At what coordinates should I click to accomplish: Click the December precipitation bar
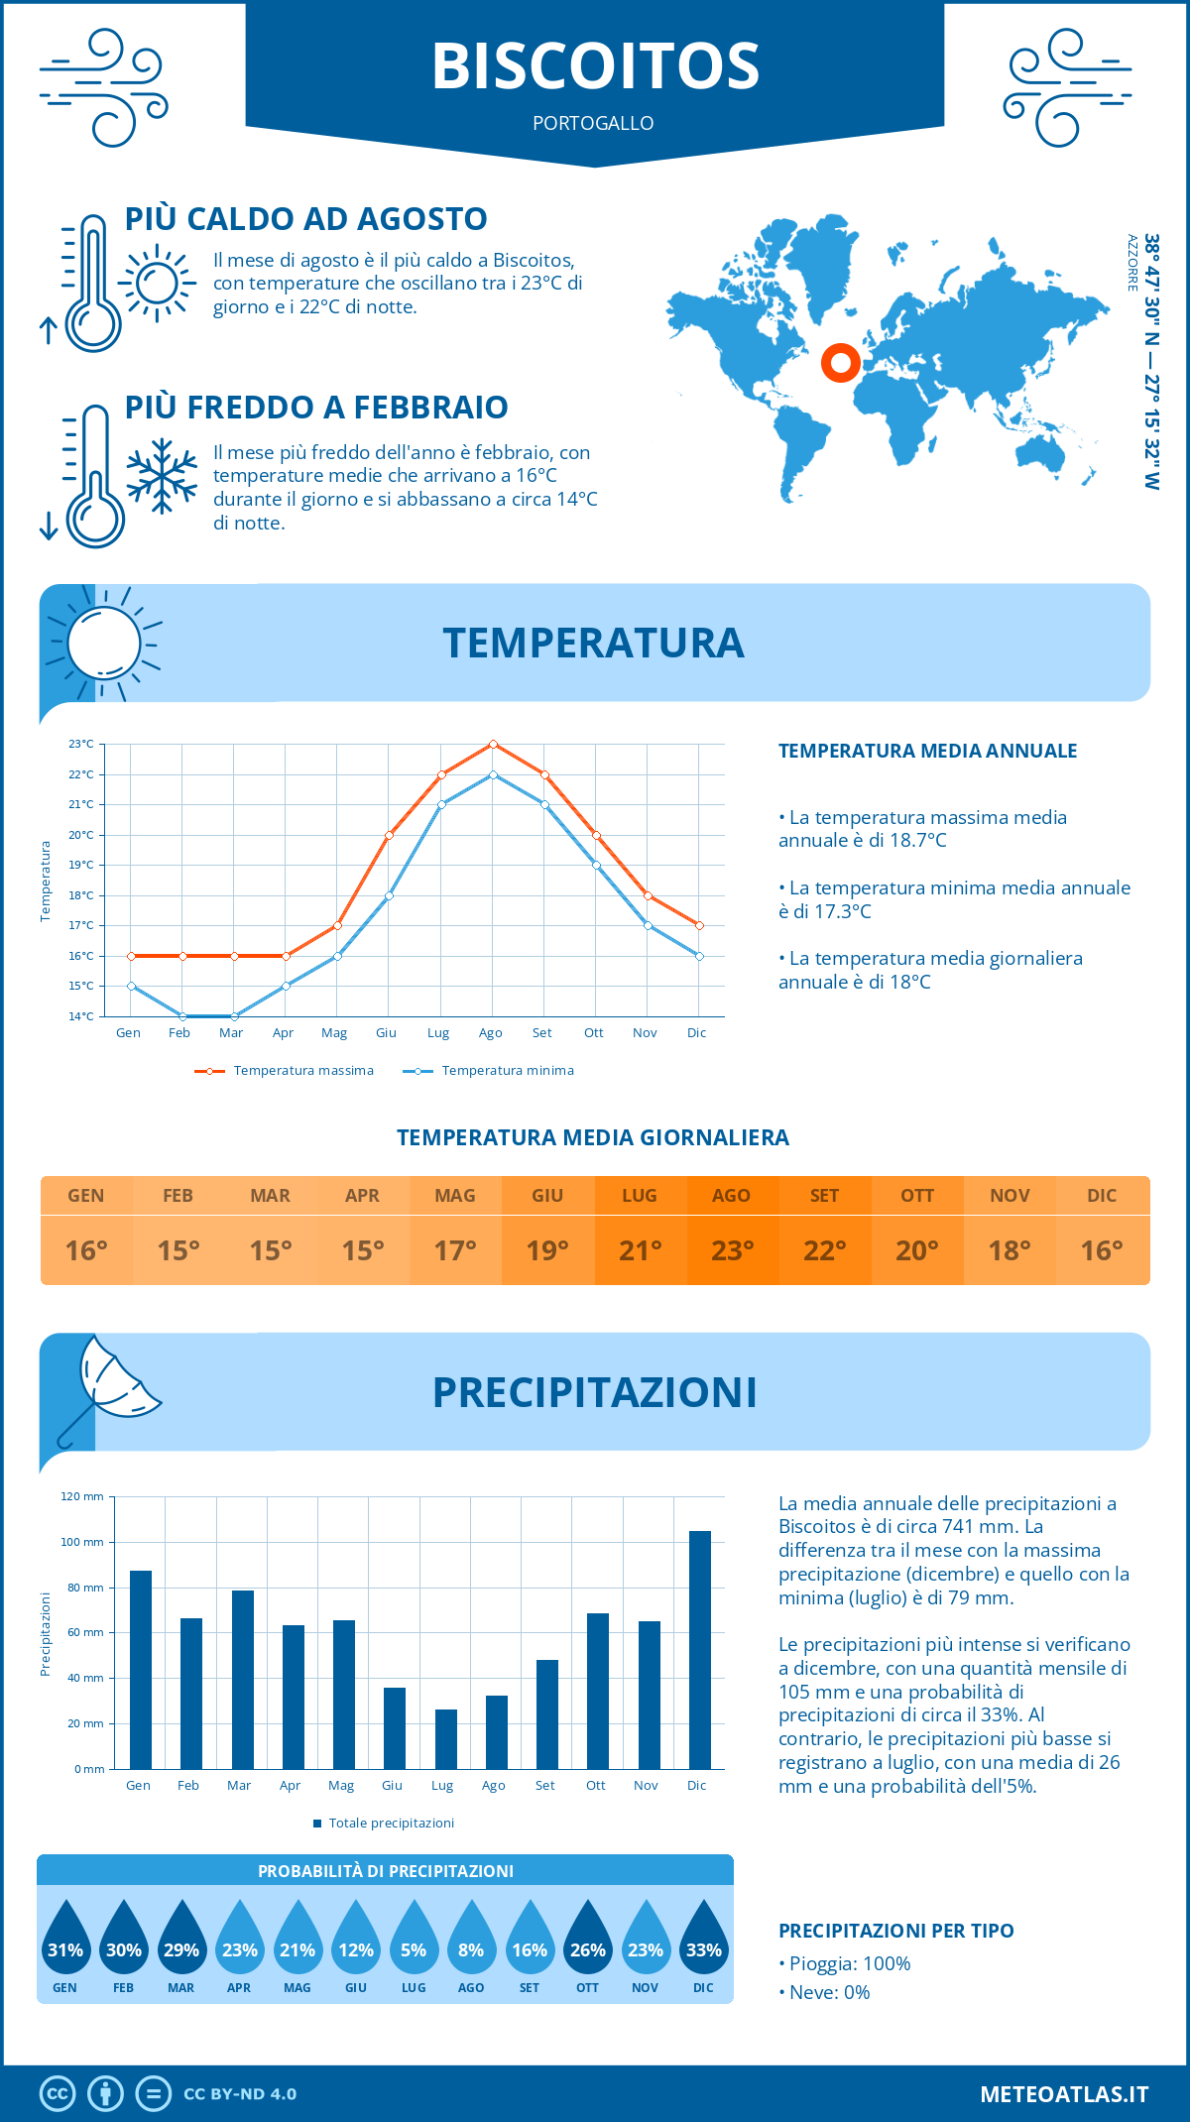[x=700, y=1650]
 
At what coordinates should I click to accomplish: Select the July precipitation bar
[x=446, y=1739]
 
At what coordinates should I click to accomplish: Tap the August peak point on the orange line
[x=493, y=744]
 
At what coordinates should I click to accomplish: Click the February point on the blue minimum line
[x=182, y=1016]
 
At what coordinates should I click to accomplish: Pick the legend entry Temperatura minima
[x=507, y=1071]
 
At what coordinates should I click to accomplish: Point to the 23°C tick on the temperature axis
[x=81, y=744]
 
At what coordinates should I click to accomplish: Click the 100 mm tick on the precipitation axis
[x=82, y=1542]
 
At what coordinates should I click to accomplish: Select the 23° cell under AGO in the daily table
[x=732, y=1250]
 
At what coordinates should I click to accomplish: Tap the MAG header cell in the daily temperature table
[x=455, y=1196]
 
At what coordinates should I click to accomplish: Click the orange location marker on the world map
[x=840, y=363]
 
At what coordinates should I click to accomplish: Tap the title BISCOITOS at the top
[x=595, y=66]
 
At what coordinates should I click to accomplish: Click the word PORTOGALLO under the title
[x=593, y=123]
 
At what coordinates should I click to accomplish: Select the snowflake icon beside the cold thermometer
[x=162, y=476]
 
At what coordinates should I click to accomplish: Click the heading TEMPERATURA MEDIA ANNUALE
[x=927, y=751]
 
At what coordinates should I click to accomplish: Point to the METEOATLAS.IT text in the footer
[x=1063, y=2093]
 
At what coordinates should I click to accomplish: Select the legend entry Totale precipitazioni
[x=391, y=1823]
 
